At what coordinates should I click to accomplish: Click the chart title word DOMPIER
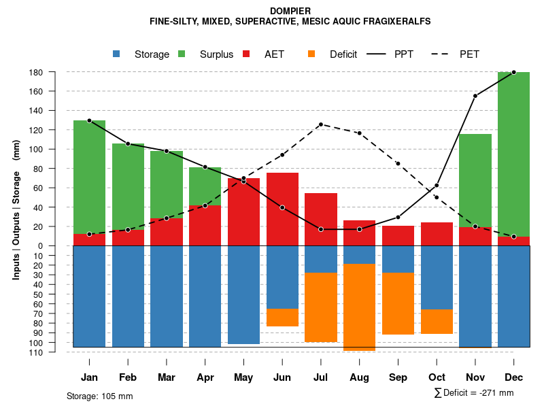(x=290, y=11)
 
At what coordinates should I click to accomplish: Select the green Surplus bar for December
(x=513, y=154)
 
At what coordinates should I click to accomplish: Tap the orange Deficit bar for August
(x=359, y=307)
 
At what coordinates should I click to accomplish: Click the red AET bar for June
(x=282, y=209)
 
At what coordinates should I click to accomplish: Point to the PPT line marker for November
(x=475, y=96)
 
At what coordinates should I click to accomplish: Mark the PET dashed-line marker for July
(x=320, y=124)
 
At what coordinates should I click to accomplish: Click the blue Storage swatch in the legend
(x=117, y=54)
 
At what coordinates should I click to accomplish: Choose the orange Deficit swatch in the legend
(x=312, y=54)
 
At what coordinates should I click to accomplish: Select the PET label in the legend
(x=469, y=54)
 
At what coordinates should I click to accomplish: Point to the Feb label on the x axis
(x=128, y=377)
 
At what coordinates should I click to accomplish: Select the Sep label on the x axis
(x=398, y=377)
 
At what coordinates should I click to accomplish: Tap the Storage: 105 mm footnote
(x=100, y=396)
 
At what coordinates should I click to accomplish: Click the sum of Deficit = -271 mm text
(x=474, y=393)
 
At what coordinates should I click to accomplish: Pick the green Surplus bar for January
(x=89, y=177)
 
